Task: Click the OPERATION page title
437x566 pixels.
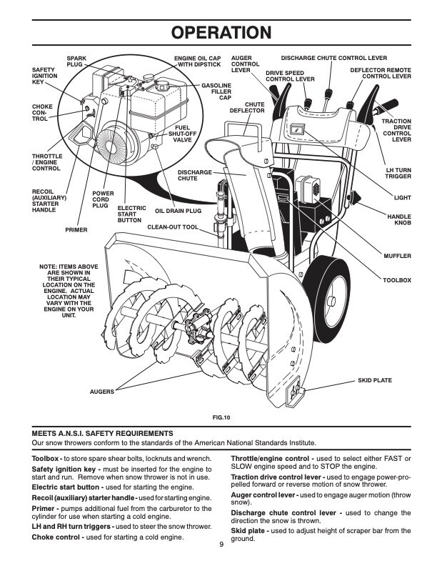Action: coord(218,33)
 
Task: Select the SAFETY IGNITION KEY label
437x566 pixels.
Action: coord(44,76)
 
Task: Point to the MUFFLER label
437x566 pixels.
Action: coord(397,255)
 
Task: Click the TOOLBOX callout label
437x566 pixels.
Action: coord(397,280)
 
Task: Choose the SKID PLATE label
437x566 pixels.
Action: coord(374,380)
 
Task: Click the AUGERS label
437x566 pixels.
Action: coord(102,392)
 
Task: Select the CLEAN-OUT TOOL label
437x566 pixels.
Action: coord(172,227)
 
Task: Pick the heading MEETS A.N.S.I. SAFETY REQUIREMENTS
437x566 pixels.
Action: coord(102,433)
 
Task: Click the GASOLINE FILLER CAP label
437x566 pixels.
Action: coord(215,91)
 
